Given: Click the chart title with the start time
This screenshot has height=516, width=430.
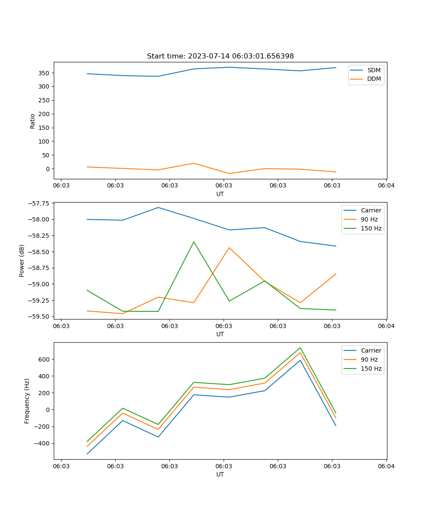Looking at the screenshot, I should tap(220, 56).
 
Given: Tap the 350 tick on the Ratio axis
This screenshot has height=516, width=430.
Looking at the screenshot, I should tap(44, 73).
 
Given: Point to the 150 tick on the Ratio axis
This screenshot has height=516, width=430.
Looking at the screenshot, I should tap(44, 128).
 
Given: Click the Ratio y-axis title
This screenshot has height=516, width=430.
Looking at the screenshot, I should tap(33, 121).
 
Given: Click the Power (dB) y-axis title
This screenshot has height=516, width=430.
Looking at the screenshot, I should tap(22, 261).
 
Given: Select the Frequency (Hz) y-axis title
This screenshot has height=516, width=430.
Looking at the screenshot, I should tap(27, 401).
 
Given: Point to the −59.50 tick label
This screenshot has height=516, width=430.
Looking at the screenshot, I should tap(37, 316).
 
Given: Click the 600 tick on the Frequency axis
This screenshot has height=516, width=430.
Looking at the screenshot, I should tap(44, 359).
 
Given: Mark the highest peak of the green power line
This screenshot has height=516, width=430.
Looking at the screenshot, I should tap(193, 242).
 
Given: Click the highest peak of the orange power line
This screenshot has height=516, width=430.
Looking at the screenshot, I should tap(229, 248).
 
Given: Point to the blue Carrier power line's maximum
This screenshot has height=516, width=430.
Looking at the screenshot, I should tap(158, 208).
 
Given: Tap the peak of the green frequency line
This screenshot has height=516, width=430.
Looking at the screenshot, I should tap(300, 348).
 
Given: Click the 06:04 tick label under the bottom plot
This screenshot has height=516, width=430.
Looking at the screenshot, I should tap(386, 466).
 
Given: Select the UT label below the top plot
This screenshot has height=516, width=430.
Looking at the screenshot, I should tap(220, 194).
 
